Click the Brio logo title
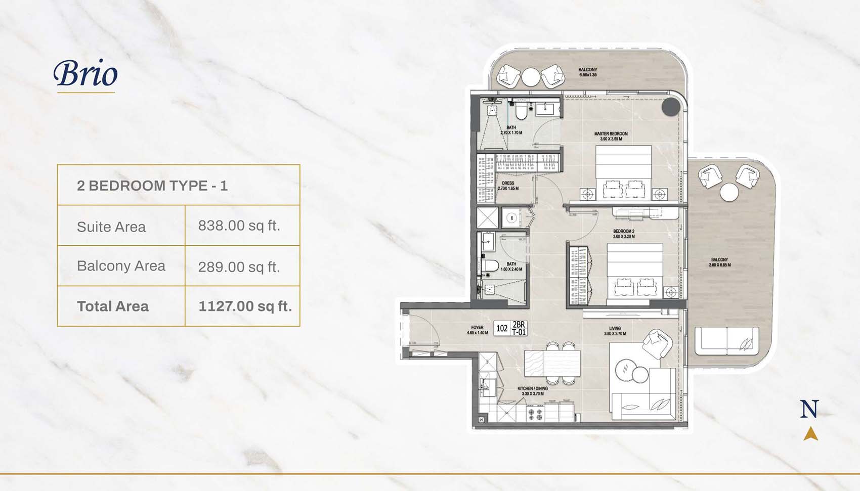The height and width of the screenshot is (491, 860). (x=85, y=74)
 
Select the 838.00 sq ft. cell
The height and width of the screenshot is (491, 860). (x=239, y=226)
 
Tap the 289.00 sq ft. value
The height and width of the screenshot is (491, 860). (x=239, y=266)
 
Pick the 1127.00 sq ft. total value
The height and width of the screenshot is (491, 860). (x=245, y=306)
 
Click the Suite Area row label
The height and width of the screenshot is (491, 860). (x=111, y=227)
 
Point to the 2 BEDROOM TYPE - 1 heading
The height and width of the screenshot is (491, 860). (x=152, y=186)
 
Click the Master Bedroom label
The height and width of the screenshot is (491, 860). (x=611, y=136)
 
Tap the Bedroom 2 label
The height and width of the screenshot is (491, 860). (x=623, y=234)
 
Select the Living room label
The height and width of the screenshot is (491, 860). (x=615, y=331)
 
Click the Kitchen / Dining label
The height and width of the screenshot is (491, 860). (x=532, y=391)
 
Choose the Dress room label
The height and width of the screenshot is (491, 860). (x=508, y=186)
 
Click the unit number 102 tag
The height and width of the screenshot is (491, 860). (x=502, y=328)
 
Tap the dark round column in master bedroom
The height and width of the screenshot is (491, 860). (x=670, y=107)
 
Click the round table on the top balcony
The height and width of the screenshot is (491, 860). (x=530, y=77)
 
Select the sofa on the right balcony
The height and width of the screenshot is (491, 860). (x=726, y=340)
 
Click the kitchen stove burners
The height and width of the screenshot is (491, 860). (x=536, y=415)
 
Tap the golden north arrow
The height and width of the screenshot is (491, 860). (x=810, y=434)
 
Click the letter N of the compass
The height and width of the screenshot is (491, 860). (x=809, y=409)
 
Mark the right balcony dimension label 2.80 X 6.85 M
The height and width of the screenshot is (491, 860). (x=719, y=262)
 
